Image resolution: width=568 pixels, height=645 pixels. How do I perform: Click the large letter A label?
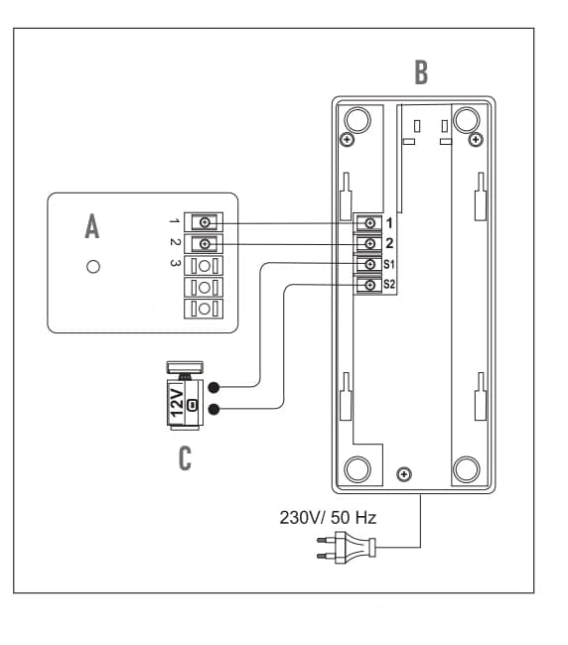92,226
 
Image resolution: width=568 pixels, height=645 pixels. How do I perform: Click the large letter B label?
421,72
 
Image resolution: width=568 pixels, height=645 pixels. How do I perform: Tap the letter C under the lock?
186,458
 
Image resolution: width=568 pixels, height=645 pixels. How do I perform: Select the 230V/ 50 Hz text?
328,517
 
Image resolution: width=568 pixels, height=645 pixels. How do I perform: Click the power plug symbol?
346,547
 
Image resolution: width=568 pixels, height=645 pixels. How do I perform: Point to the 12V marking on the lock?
177,402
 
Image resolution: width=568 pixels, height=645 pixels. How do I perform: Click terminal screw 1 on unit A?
205,222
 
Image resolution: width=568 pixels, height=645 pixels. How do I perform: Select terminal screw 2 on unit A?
205,244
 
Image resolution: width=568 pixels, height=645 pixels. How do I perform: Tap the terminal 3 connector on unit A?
204,266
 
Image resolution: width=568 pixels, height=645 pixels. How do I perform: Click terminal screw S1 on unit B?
370,264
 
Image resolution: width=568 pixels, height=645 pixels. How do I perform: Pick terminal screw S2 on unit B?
370,285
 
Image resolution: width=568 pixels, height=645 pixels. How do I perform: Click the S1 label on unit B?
389,264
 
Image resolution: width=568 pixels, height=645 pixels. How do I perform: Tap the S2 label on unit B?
389,284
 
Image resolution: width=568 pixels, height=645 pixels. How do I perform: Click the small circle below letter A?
93,267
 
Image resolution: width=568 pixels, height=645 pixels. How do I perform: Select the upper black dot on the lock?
214,387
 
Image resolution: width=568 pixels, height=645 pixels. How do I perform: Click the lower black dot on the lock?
214,409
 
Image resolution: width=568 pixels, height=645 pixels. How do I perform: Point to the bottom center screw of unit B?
404,474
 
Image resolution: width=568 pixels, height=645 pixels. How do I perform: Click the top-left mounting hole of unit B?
357,119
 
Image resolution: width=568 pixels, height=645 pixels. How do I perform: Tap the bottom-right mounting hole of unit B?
467,469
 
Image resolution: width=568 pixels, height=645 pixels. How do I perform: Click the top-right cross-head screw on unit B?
477,140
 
